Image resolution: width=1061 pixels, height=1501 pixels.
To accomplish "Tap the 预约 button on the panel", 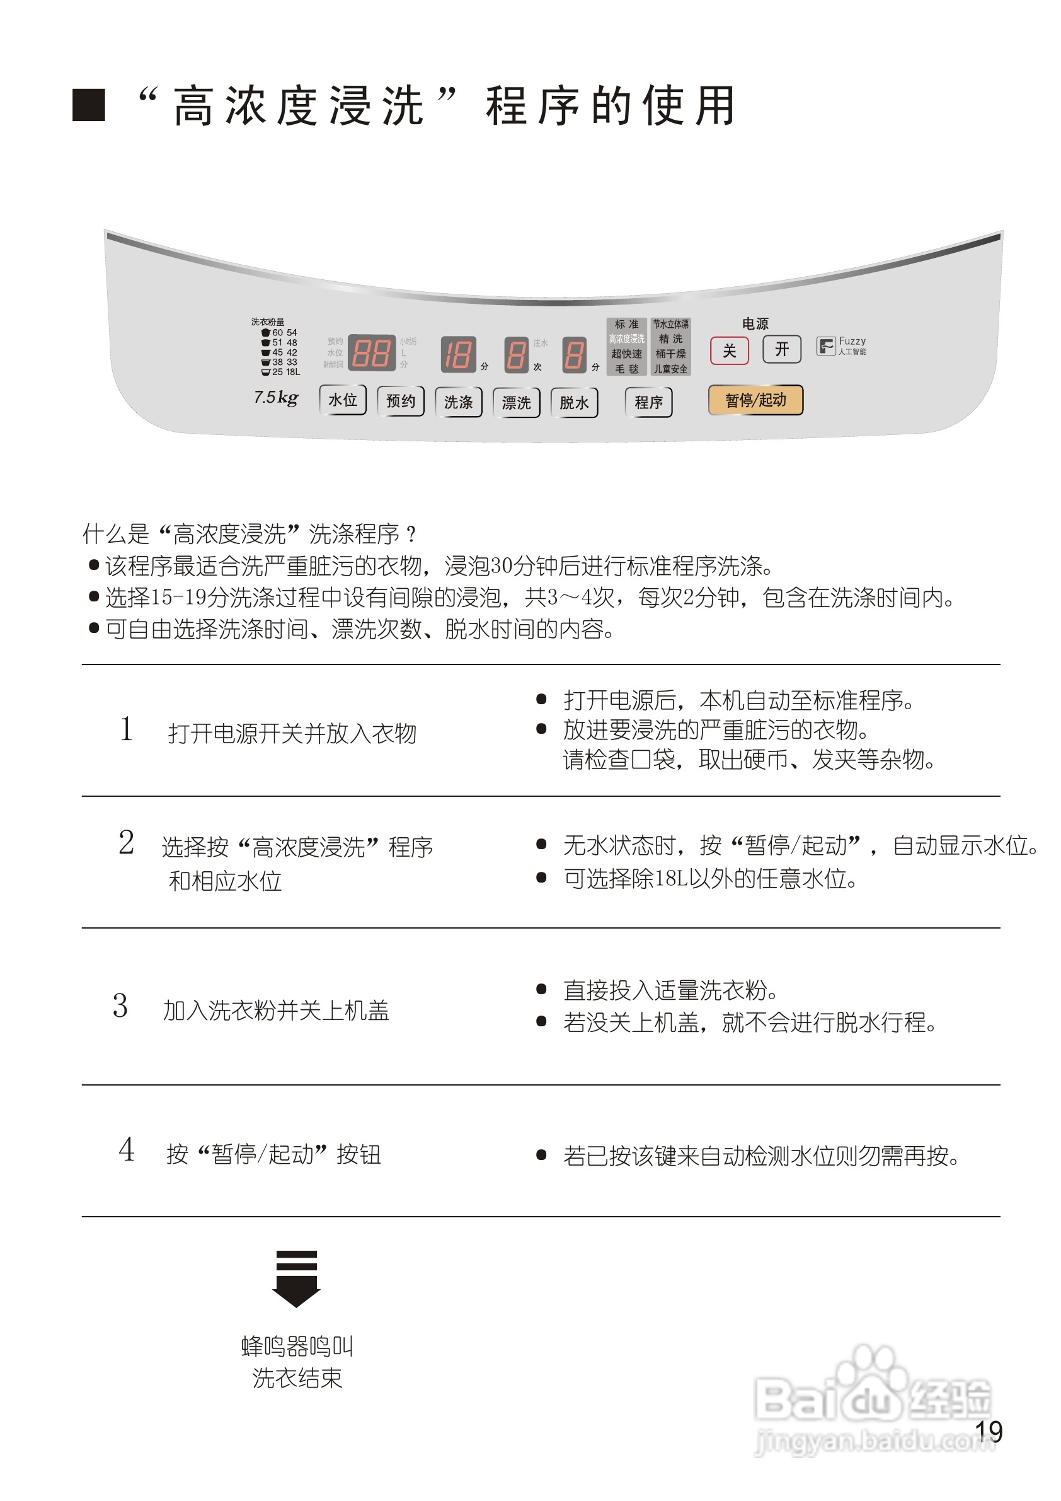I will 401,401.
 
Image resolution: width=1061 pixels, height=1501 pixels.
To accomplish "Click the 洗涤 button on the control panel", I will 458,402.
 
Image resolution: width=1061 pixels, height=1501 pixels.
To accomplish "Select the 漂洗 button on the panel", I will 516,403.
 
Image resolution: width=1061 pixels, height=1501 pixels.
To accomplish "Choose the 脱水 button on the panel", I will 573,403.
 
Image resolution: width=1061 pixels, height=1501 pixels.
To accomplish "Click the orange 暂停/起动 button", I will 755,400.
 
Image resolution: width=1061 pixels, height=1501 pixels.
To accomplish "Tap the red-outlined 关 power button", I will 729,351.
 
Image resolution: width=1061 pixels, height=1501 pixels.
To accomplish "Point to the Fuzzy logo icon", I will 825,345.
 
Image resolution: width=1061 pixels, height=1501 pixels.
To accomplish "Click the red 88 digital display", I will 371,353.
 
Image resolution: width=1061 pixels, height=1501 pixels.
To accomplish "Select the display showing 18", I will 457,355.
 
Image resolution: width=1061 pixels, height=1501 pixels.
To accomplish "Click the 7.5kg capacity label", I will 276,397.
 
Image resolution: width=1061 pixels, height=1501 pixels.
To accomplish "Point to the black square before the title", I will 89,105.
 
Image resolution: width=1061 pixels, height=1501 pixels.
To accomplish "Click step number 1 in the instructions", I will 127,729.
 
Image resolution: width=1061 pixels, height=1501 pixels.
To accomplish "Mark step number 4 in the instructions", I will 127,1149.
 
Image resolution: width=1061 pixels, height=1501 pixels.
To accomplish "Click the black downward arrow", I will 296,1278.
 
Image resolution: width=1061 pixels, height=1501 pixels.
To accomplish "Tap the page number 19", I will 989,1432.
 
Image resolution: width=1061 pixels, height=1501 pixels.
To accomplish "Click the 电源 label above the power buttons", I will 755,323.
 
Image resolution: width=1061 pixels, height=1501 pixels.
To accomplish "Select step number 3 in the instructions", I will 121,1005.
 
